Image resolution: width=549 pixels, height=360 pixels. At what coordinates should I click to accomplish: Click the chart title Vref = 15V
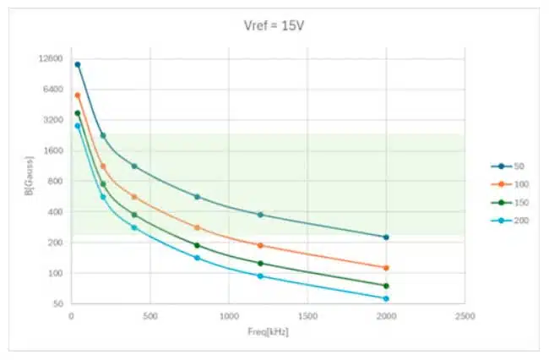[x=274, y=25]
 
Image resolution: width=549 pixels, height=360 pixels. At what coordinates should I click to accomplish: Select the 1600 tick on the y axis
[x=53, y=150]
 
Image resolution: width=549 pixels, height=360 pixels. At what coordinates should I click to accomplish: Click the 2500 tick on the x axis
[x=465, y=316]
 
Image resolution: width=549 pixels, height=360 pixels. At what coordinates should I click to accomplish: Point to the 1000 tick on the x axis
[x=228, y=316]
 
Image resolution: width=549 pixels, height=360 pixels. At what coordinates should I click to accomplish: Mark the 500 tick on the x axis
[x=149, y=316]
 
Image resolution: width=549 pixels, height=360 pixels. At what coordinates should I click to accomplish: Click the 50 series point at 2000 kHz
[x=386, y=237]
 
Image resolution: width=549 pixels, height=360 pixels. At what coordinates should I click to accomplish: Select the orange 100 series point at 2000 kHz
[x=386, y=268]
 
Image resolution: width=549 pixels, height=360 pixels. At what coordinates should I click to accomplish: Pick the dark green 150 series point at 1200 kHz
[x=260, y=264]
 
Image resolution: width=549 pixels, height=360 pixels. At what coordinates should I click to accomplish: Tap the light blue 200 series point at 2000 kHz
[x=386, y=298]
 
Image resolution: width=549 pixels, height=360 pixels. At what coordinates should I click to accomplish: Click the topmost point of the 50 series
[x=78, y=64]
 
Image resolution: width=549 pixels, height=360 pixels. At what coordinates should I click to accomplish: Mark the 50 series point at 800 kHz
[x=197, y=197]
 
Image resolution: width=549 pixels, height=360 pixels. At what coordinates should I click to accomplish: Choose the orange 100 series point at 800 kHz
[x=197, y=227]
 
